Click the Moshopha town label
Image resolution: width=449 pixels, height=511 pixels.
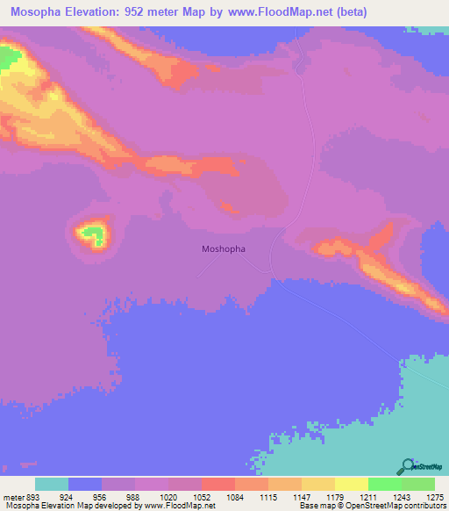[x=224, y=248]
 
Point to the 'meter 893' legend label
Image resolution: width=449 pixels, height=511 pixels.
[x=21, y=496]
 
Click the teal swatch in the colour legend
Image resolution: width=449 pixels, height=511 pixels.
[x=52, y=484]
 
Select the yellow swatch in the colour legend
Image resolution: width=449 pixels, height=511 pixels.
[x=351, y=484]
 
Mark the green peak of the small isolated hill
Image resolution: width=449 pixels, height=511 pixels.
[x=89, y=234]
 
